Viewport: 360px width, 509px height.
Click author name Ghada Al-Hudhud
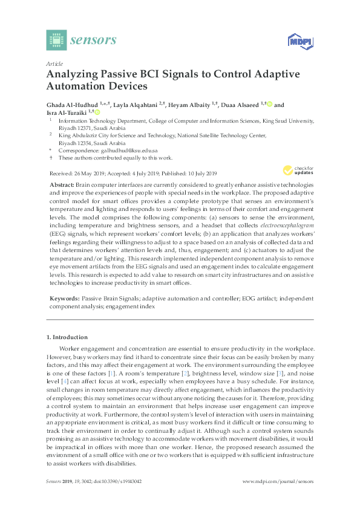pyautogui.click(x=70, y=105)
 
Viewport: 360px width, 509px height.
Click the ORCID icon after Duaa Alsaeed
pyautogui.click(x=269, y=105)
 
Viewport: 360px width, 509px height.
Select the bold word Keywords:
pyautogui.click(x=64, y=299)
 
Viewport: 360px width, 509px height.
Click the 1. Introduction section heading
pyautogui.click(x=67, y=337)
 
